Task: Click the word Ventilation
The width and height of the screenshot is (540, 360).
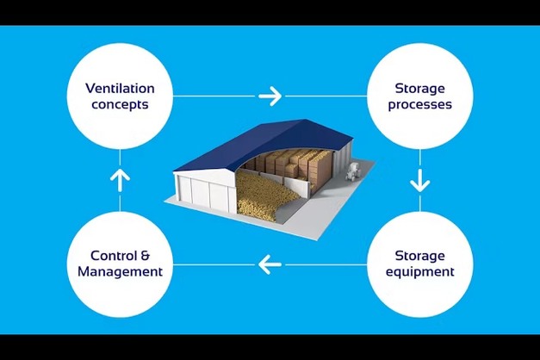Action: (x=120, y=87)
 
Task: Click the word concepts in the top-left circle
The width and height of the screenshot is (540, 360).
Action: (x=120, y=105)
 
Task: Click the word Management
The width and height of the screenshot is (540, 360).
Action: (x=120, y=272)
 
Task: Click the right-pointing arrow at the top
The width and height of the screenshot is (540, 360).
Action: (x=270, y=96)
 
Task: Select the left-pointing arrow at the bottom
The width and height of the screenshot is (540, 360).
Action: (x=270, y=264)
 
